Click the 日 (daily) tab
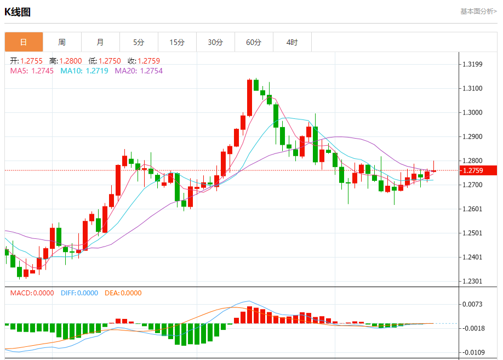click(24, 42)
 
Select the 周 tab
click(62, 42)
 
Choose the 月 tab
click(100, 42)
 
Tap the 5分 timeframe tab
click(139, 42)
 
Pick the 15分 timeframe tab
click(177, 42)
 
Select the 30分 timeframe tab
click(215, 42)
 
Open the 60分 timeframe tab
click(254, 42)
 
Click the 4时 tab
click(292, 42)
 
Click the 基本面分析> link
click(478, 11)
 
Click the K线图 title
click(18, 12)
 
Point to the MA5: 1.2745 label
click(32, 71)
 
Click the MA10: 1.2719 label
click(84, 71)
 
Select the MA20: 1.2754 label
click(139, 71)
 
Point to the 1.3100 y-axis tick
click(472, 88)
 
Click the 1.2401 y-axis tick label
click(472, 257)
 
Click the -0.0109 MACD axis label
click(472, 352)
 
